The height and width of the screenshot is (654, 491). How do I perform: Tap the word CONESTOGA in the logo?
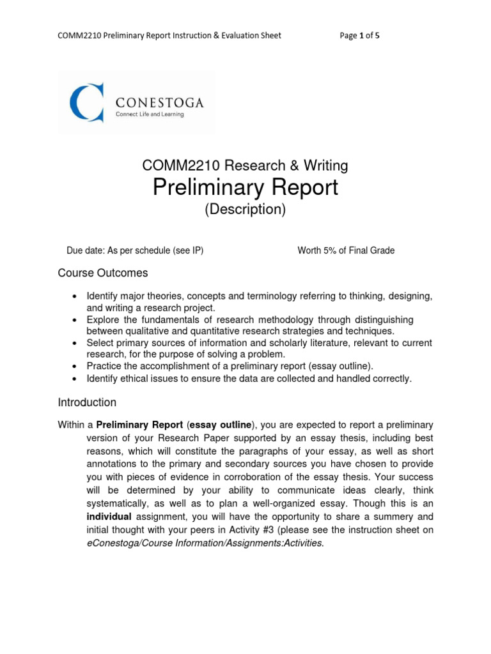pyautogui.click(x=159, y=102)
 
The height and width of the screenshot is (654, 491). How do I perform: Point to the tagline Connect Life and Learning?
pyautogui.click(x=149, y=115)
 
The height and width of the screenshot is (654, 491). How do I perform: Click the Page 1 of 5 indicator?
pyautogui.click(x=360, y=35)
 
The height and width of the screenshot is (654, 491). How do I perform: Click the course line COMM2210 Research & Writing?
pyautogui.click(x=245, y=166)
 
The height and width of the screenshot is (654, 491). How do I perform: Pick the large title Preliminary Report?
pyautogui.click(x=245, y=188)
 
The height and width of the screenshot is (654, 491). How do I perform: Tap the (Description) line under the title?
pyautogui.click(x=245, y=209)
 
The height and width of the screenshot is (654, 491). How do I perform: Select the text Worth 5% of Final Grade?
pyautogui.click(x=346, y=250)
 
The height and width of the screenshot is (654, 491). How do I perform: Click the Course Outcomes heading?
pyautogui.click(x=103, y=273)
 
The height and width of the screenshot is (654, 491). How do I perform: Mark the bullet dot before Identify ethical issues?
pyautogui.click(x=75, y=379)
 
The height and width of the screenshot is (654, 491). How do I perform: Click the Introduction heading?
pyautogui.click(x=87, y=403)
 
